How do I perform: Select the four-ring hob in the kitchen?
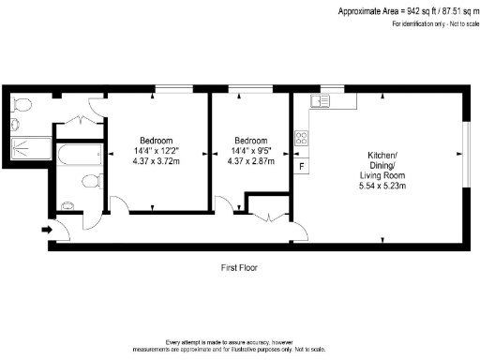click(302, 140)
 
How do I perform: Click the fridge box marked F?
click(301, 167)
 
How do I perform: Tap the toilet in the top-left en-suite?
click(22, 102)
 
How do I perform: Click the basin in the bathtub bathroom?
click(67, 205)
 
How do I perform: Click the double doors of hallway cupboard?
click(268, 217)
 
